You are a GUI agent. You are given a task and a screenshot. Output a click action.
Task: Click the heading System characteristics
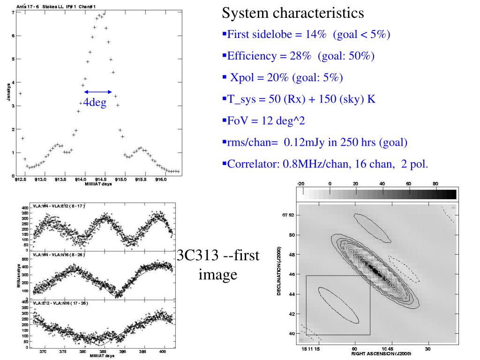pos(292,14)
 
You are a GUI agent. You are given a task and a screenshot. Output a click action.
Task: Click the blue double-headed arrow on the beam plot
pos(98,92)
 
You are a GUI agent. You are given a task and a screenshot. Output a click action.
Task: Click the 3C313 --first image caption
pos(218,265)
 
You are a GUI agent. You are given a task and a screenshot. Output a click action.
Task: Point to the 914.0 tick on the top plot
pos(85,180)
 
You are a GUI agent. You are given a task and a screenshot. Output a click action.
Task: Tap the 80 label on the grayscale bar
pos(435,183)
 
